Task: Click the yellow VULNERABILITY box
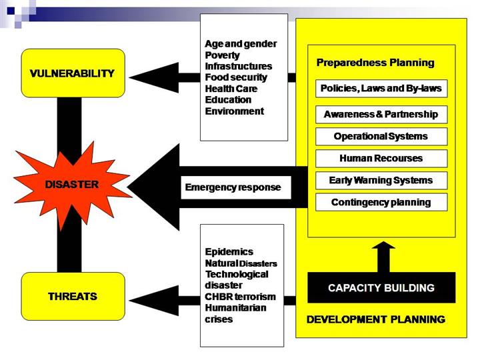[73, 73]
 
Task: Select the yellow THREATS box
[73, 296]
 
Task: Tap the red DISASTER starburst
[73, 184]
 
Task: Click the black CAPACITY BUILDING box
[381, 288]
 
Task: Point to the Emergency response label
[232, 187]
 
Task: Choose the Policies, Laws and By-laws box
[381, 89]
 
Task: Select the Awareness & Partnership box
[381, 114]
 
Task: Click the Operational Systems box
[381, 137]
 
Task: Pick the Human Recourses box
[381, 159]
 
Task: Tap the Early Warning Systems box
[381, 180]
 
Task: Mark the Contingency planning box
[381, 202]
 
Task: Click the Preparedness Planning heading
[375, 63]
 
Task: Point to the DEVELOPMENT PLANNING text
[375, 320]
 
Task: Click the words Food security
[235, 77]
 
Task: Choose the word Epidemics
[229, 251]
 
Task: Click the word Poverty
[222, 55]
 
